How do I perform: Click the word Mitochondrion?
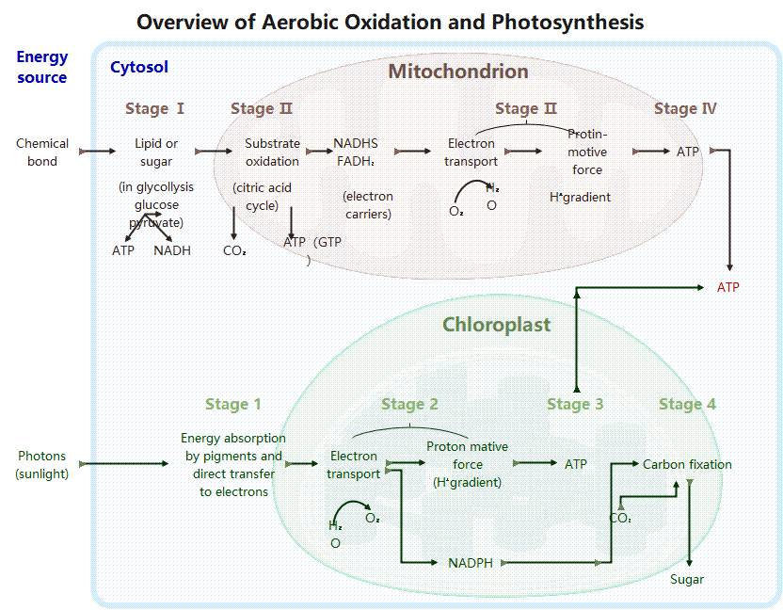458,72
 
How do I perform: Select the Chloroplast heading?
496,325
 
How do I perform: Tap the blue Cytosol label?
139,67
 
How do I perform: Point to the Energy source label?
42,68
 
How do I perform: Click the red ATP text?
728,287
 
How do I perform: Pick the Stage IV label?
685,108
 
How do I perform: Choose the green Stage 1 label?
233,404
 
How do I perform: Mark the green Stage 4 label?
687,404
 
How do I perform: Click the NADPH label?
471,563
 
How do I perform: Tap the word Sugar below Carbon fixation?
687,579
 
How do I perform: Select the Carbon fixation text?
687,464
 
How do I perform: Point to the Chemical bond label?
42,152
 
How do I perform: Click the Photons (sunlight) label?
42,465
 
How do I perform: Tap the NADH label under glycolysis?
172,250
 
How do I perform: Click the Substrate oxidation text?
272,152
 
